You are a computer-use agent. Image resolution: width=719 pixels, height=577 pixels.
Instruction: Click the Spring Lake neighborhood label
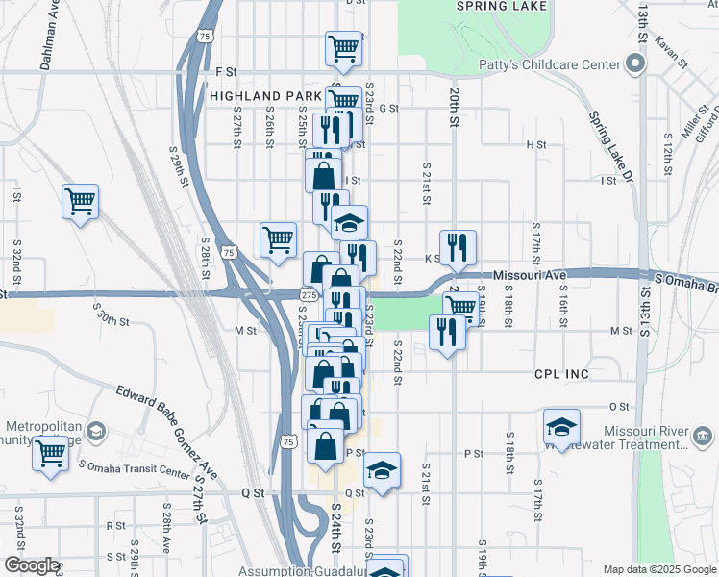(x=502, y=6)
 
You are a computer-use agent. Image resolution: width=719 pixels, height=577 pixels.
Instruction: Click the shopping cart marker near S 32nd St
(x=81, y=202)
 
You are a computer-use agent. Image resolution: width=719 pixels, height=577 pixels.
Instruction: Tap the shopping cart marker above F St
(x=343, y=48)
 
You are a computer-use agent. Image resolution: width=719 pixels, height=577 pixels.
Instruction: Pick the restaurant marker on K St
(x=459, y=248)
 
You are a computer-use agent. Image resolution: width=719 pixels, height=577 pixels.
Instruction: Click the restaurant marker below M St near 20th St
(x=447, y=333)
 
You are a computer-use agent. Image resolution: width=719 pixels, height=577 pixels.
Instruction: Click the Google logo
(x=31, y=566)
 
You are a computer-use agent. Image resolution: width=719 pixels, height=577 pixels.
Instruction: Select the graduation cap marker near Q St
(x=382, y=471)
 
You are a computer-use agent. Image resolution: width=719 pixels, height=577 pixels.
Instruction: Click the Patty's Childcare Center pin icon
(x=634, y=64)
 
